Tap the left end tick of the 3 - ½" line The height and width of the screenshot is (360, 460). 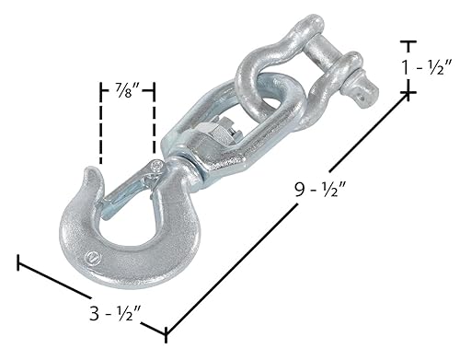18,262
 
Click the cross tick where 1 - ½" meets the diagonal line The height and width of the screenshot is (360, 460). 408,93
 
